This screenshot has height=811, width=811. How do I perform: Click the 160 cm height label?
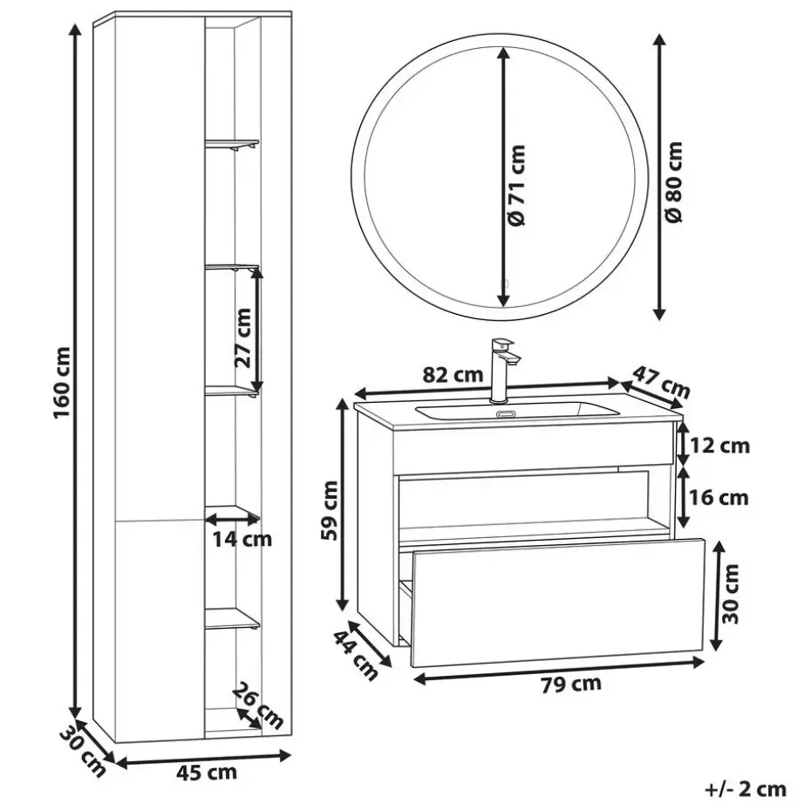click(x=63, y=383)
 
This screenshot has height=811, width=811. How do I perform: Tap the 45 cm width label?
click(x=207, y=774)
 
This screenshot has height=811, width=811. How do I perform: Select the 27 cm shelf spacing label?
click(x=242, y=337)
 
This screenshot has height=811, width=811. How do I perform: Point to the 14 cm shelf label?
click(x=242, y=540)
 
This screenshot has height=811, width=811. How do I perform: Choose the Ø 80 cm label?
click(x=674, y=182)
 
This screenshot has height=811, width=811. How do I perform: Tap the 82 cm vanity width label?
click(x=453, y=374)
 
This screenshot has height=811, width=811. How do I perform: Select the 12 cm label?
click(x=720, y=446)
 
